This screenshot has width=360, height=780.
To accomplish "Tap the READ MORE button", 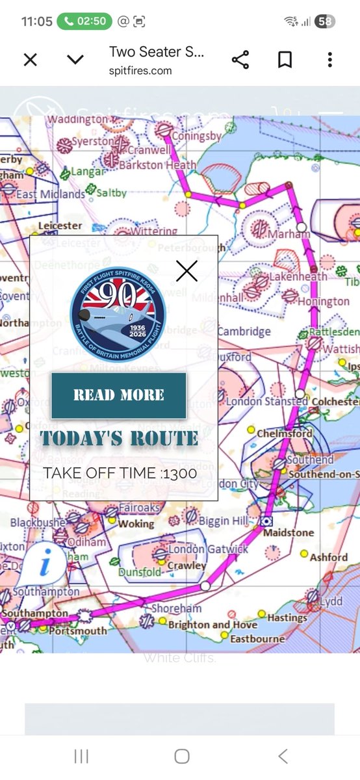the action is point(119,395).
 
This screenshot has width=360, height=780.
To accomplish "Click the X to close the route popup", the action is point(186,270).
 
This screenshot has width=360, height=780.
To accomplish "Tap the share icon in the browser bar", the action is point(240,60).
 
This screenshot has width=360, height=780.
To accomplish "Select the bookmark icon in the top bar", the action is point(285,60).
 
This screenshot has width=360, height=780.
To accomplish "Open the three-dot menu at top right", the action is point(330,60).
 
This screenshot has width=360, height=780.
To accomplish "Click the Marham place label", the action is point(290,234).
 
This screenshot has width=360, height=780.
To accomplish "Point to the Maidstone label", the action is point(289,532).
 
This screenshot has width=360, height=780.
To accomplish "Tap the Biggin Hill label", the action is point(224,521).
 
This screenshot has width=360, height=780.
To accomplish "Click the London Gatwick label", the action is point(208,549).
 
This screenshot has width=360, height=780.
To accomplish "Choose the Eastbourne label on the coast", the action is point(258,639).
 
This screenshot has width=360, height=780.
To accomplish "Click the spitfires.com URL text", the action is point(140,70).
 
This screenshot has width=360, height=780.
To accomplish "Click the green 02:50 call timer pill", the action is point(83,21).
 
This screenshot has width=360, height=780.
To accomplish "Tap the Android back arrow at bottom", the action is point(283,756).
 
